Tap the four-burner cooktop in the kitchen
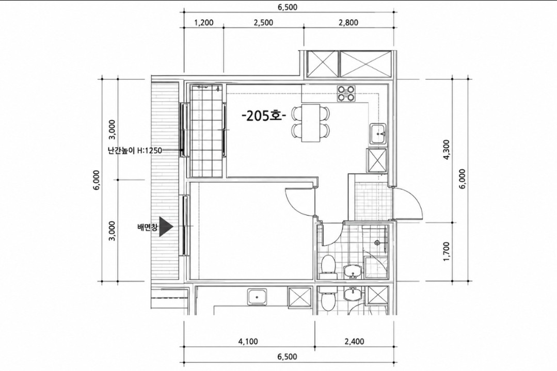346,93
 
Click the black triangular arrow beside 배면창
166,227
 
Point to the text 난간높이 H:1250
135,151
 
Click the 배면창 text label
147,227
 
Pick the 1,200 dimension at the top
204,23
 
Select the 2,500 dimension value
264,23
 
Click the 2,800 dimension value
348,23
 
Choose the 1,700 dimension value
447,252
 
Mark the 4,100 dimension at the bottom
248,342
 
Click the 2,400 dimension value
354,342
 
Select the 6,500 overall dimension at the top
288,7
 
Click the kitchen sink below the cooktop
378,134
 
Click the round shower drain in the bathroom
377,243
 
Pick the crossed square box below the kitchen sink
376,160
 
